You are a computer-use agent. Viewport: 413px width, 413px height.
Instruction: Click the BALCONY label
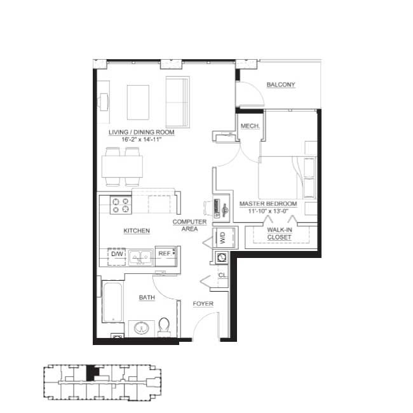[281, 85]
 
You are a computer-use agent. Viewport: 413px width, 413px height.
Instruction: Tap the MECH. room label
[250, 126]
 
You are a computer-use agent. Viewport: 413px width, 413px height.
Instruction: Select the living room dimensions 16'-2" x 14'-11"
[141, 139]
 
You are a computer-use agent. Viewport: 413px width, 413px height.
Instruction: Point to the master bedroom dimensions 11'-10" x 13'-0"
[268, 211]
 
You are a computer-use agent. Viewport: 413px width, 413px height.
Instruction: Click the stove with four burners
[121, 205]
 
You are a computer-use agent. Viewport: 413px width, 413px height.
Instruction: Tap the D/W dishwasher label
[117, 254]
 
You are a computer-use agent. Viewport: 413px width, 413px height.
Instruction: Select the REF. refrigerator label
[165, 254]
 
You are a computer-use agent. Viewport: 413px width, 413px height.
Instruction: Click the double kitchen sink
[140, 257]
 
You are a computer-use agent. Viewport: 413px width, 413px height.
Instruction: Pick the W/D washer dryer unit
[224, 238]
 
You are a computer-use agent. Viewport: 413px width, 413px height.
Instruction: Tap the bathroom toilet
[164, 327]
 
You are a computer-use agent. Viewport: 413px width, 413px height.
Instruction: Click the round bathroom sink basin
[142, 328]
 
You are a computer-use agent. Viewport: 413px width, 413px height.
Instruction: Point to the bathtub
[112, 302]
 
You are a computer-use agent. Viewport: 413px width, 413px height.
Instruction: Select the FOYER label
[203, 304]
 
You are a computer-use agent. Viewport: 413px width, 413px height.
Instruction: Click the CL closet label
[222, 275]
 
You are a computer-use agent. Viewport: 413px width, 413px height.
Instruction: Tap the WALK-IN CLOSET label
[280, 233]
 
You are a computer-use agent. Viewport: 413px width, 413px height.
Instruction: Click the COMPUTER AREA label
[189, 225]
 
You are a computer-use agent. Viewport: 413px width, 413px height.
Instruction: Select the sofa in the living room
[178, 102]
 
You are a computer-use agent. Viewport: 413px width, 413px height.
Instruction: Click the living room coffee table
[138, 102]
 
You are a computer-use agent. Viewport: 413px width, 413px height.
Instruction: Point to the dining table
[122, 166]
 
